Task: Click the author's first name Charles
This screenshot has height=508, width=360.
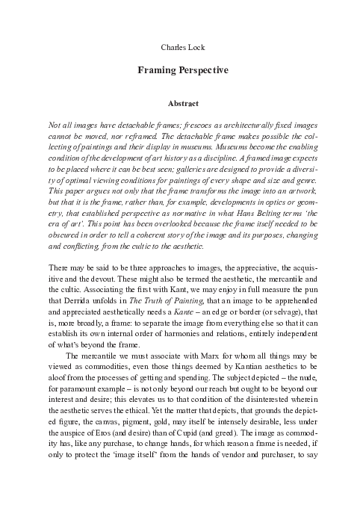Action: coord(172,47)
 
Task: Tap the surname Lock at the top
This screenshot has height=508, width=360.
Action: coord(193,47)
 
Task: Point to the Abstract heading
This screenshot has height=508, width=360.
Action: coord(180,106)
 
